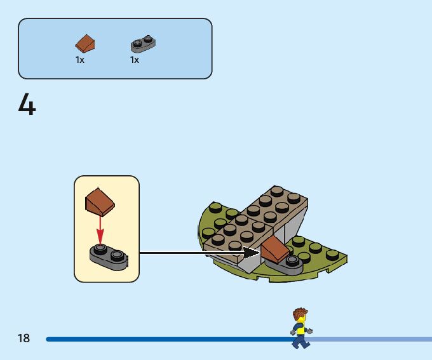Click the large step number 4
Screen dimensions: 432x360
(x=27, y=105)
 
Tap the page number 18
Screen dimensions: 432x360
(x=24, y=338)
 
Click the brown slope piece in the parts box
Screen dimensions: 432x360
(x=85, y=43)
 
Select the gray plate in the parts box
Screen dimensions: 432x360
(x=143, y=44)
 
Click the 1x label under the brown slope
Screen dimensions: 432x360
(x=80, y=60)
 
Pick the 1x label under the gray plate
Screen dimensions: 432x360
(x=135, y=60)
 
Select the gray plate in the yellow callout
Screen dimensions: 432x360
(x=108, y=255)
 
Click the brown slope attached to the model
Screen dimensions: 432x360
(x=275, y=249)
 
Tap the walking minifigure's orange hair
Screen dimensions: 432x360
(x=299, y=314)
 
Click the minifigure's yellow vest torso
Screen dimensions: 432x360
(x=300, y=328)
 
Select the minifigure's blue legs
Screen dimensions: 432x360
(x=300, y=341)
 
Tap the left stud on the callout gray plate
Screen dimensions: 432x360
(x=100, y=248)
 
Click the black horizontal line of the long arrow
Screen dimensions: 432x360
(x=191, y=253)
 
